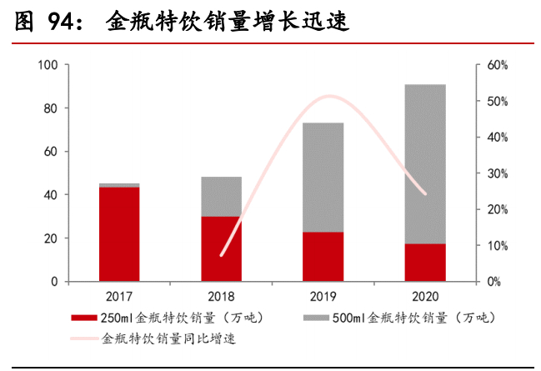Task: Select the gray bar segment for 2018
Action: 221,197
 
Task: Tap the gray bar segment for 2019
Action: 323,178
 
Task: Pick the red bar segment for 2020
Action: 425,263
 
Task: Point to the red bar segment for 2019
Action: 323,257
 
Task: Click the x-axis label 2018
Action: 221,296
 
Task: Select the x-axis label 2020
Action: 425,296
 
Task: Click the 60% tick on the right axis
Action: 497,65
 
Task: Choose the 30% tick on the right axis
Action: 497,173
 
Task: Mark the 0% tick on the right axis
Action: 494,282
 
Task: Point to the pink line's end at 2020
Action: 425,194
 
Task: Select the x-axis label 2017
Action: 119,296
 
